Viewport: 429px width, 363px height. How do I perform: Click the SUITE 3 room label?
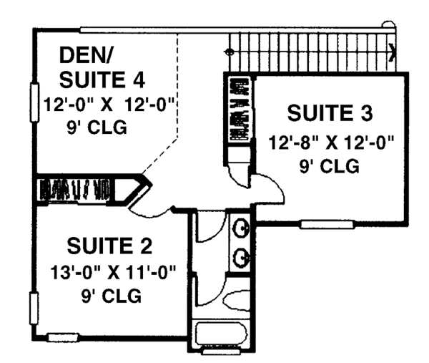330,112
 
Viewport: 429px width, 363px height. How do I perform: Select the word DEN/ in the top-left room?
84,55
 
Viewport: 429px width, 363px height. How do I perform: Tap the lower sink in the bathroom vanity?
240,256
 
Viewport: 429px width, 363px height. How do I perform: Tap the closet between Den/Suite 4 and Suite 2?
79,190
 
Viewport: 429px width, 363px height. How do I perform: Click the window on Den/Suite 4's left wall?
33,103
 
